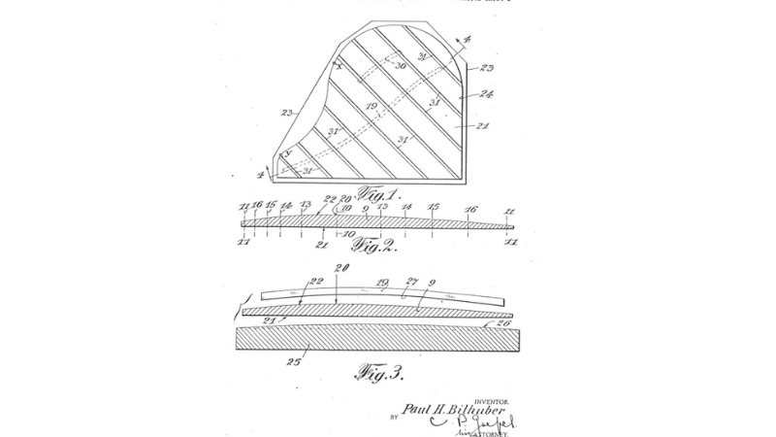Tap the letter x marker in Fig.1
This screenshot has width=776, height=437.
click(339, 65)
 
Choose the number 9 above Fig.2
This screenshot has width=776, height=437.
click(364, 209)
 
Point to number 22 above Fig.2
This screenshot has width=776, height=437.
click(329, 200)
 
